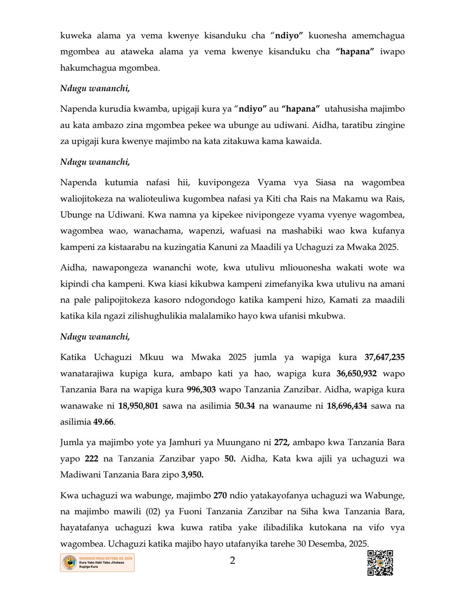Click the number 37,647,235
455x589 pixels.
384,357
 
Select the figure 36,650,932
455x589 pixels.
356,373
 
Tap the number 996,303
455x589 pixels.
201,389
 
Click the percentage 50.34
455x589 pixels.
244,406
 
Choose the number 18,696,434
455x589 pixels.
347,406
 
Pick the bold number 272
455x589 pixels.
281,442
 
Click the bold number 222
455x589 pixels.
91,458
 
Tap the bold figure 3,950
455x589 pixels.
192,474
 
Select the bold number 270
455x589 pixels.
220,495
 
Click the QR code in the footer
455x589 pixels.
380,562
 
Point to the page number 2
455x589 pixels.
232,560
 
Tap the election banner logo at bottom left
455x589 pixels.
97,562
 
